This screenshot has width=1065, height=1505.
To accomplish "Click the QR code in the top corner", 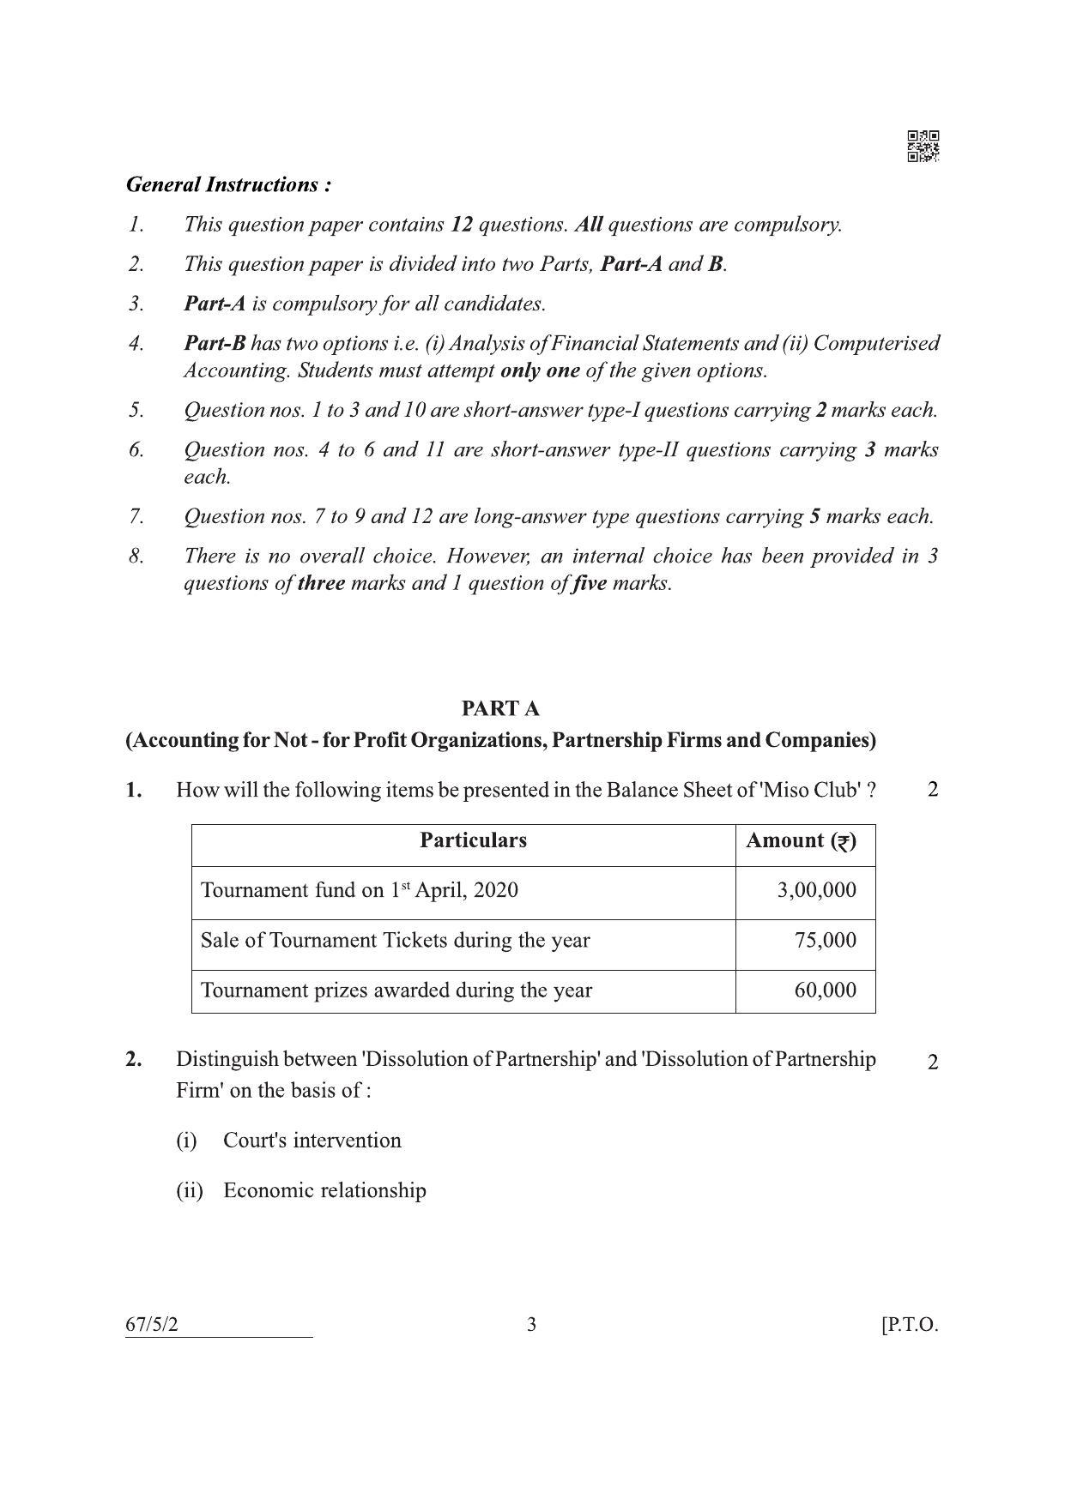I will click(923, 146).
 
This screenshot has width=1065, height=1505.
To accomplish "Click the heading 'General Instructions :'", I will click(228, 184).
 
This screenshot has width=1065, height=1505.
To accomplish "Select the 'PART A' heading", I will click(500, 708).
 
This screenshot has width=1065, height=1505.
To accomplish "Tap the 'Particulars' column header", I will click(473, 840).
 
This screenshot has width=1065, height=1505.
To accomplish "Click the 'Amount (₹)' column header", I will click(801, 840).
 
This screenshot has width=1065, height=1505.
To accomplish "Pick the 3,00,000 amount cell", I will click(816, 890).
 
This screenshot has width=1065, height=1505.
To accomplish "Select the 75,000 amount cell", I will click(825, 940).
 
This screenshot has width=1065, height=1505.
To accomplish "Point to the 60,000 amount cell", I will click(825, 990).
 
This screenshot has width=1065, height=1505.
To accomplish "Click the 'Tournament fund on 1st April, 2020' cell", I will click(359, 890).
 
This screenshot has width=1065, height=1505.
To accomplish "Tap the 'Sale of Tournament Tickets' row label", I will click(395, 941).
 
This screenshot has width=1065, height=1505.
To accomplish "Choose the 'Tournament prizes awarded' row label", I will click(396, 990).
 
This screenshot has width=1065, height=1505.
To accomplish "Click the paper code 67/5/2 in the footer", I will click(152, 1324).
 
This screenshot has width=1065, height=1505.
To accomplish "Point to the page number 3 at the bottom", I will click(531, 1324).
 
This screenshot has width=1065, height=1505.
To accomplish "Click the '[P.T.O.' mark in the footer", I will click(910, 1324).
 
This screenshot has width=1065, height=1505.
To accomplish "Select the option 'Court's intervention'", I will click(312, 1141).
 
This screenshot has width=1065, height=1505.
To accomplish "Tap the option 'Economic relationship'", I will click(324, 1190).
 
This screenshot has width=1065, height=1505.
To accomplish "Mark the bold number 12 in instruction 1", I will click(461, 225).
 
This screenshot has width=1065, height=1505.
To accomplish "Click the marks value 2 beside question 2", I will click(933, 1062).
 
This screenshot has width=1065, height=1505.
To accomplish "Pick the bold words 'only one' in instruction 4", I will click(540, 370).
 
